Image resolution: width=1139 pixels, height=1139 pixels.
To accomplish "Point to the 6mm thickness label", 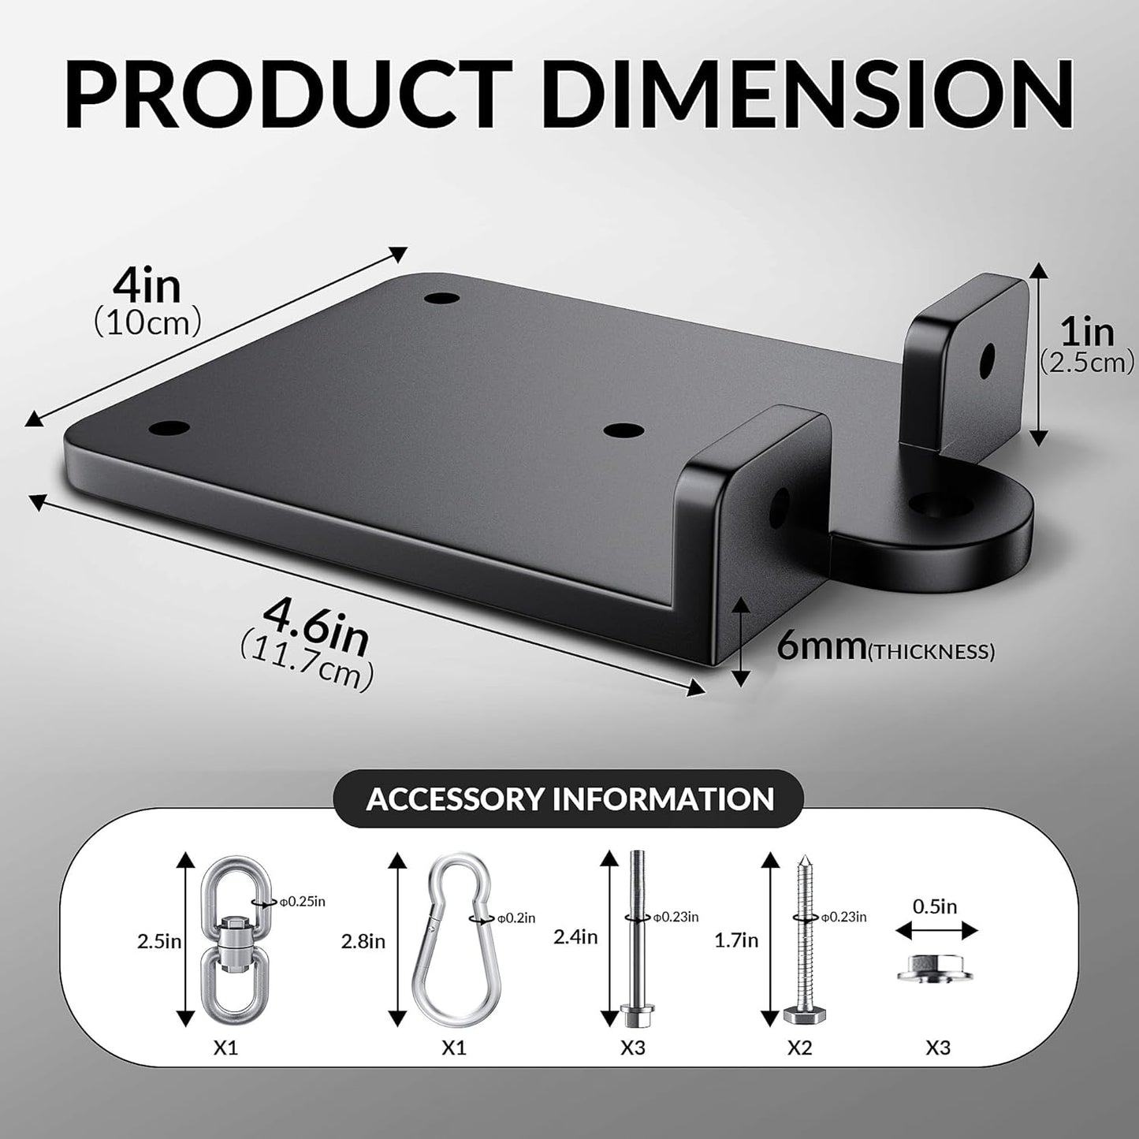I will (x=820, y=648).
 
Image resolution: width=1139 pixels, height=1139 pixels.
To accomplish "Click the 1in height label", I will (x=1087, y=333).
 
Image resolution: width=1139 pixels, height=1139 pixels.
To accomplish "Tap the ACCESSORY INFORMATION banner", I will (x=570, y=798).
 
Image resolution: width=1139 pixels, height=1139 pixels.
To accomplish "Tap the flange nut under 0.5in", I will (x=934, y=970).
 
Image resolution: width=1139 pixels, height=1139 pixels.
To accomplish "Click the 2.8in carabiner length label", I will (x=363, y=940).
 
